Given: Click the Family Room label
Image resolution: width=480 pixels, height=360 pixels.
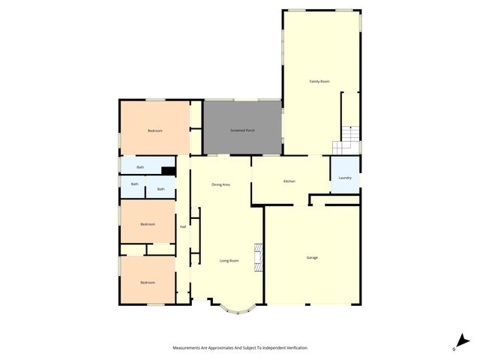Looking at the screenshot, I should pos(319,81).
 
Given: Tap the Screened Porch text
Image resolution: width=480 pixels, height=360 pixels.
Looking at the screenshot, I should pos(242,130).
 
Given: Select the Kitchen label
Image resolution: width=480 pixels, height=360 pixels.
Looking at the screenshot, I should pos(289,181).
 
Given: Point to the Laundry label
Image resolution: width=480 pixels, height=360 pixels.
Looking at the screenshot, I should pos(345,178).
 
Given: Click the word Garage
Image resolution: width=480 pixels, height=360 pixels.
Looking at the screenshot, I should pos(312,257).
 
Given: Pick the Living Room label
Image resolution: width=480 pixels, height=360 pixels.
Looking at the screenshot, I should pos(229,260).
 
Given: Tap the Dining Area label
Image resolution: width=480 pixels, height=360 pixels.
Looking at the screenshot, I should pos(220,184).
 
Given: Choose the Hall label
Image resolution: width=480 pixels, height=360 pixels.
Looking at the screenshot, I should pos(182,226).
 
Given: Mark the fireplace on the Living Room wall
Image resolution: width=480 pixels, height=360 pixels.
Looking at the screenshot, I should pos(258,256).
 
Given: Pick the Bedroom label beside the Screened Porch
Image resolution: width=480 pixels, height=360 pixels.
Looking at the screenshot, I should pos(154,130).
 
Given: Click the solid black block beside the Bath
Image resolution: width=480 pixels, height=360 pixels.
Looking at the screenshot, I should pos(169,171).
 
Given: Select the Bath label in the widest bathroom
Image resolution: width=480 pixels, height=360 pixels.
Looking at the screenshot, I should pos(140,167).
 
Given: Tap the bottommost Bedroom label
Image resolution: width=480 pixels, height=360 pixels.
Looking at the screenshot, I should pos(148,282).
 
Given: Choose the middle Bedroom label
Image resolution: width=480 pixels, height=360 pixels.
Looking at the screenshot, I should pos(148,224).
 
